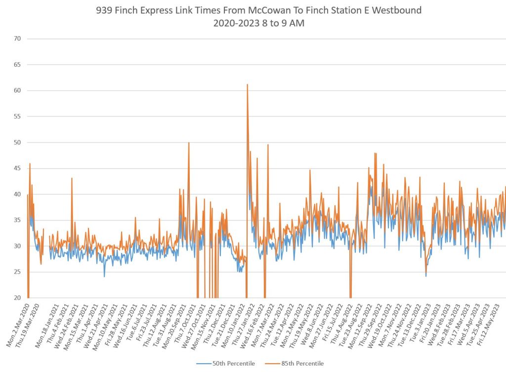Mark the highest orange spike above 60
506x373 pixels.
[x=247, y=85]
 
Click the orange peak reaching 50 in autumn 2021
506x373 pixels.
[x=189, y=143]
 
